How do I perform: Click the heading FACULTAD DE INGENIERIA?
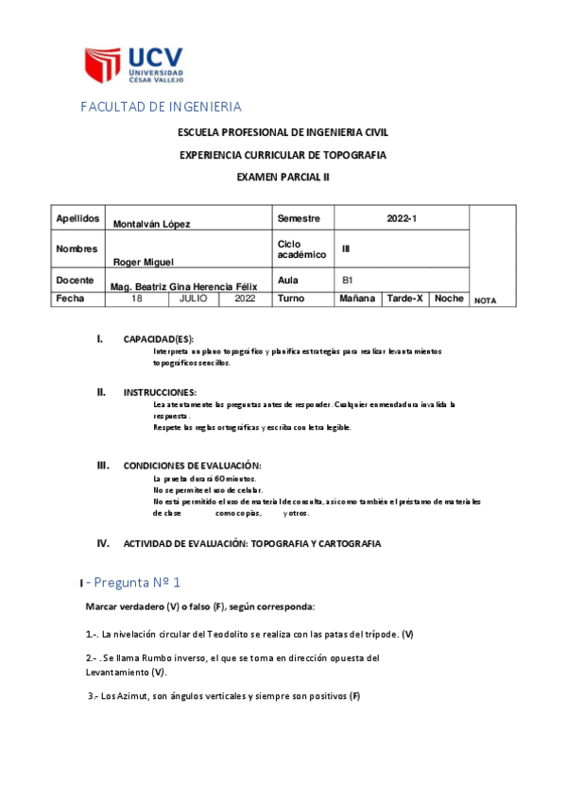coord(160,107)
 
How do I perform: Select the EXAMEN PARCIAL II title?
coord(283,176)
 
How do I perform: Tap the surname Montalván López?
coord(151,224)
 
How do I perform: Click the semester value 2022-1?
coord(401,218)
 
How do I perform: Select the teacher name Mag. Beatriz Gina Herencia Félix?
coord(184,284)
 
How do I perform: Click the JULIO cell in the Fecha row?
coord(194,298)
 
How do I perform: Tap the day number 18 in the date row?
coord(137,298)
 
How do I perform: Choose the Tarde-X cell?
coord(404,298)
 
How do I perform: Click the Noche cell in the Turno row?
coord(449,298)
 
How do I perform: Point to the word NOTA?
coord(485,301)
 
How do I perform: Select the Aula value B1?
coord(348,281)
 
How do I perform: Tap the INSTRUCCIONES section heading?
coord(160,392)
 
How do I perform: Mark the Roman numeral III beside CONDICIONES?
coord(104,466)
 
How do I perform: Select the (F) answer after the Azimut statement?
coord(354,697)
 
